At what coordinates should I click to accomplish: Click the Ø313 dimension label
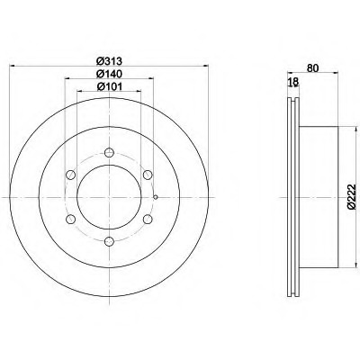click(109, 61)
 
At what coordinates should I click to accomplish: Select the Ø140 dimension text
click(109, 74)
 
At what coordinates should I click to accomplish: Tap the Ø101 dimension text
click(109, 86)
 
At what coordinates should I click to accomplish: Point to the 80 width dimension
click(312, 68)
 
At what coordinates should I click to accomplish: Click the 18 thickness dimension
click(293, 82)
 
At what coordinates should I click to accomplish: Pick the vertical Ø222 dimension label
click(352, 196)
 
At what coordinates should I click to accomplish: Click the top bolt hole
click(109, 152)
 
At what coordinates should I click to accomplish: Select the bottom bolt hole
click(109, 241)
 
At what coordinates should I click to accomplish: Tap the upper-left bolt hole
click(70, 175)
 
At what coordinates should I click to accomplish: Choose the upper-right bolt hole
click(148, 175)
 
